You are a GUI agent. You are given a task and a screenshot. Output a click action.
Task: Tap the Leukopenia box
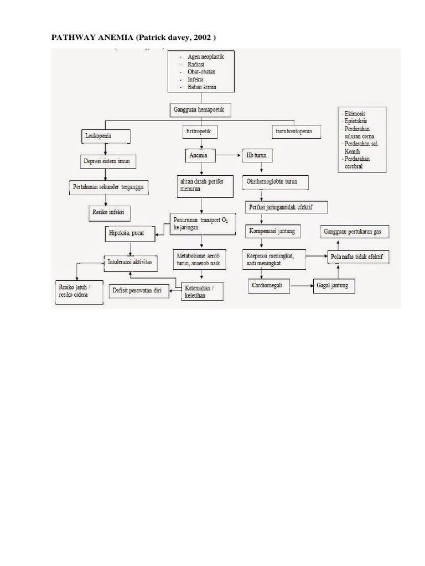[x=105, y=136]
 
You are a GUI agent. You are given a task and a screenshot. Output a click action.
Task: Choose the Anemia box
[x=199, y=156]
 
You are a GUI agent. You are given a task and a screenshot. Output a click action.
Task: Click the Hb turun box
[x=256, y=156]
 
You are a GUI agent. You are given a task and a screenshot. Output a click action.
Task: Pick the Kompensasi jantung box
[x=275, y=230]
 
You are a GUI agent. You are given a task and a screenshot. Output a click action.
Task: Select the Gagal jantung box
[x=335, y=286]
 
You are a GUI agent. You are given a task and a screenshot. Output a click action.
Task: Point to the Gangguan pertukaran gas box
[x=354, y=232]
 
